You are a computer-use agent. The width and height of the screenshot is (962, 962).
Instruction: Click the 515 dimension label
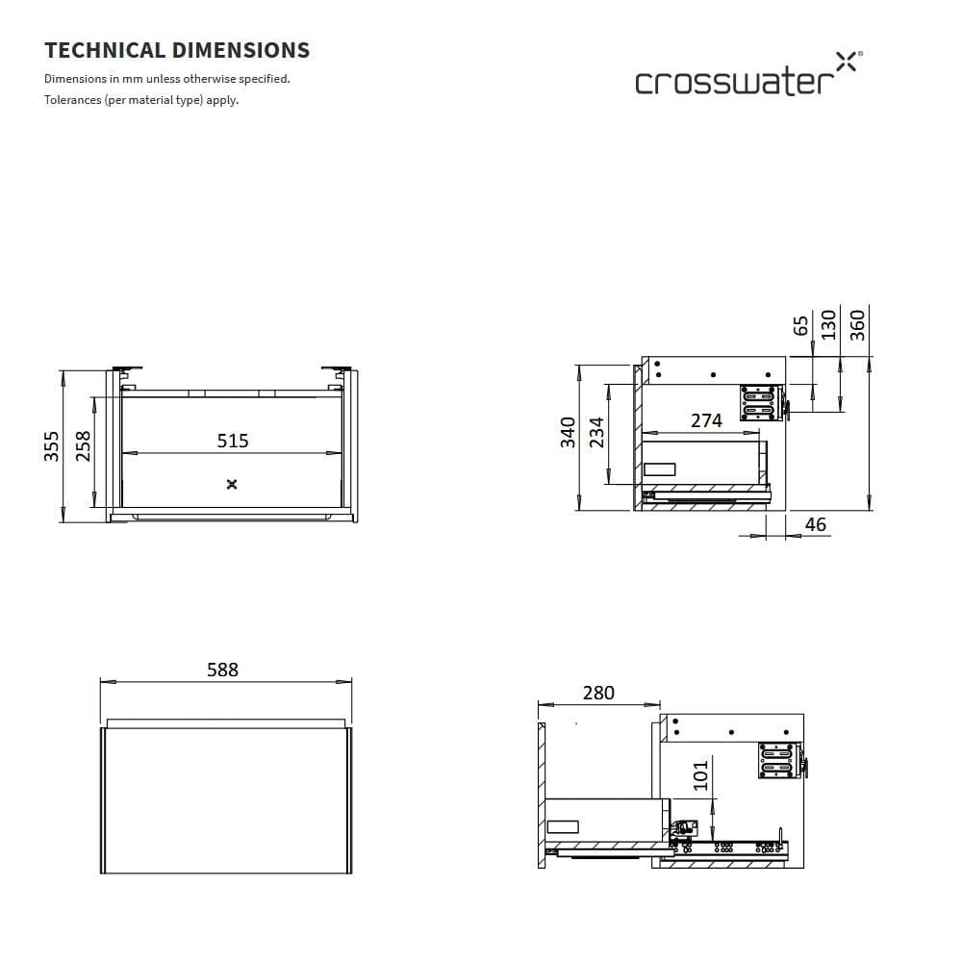pos(233,441)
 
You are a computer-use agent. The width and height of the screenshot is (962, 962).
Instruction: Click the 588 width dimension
pos(222,670)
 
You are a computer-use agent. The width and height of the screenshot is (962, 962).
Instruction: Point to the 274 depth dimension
pos(706,420)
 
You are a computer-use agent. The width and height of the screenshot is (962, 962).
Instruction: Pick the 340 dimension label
pos(569,432)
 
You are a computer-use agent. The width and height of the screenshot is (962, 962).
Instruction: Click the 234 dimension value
pos(596,432)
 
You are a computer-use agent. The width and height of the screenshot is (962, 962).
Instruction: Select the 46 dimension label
pos(815,524)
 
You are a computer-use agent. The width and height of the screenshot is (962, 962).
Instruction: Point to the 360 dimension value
pos(858,322)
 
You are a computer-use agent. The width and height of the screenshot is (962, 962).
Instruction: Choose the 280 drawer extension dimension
pos(598,693)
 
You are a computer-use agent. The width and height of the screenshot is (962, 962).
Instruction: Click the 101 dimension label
pos(700,775)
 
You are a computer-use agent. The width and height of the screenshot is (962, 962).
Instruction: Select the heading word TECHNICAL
pos(106,50)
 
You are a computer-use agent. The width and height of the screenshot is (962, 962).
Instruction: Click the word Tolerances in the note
pos(72,100)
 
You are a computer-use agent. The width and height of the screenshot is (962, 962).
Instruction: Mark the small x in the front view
pos(231,484)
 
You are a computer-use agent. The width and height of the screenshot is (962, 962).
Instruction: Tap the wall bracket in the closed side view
pos(760,403)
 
